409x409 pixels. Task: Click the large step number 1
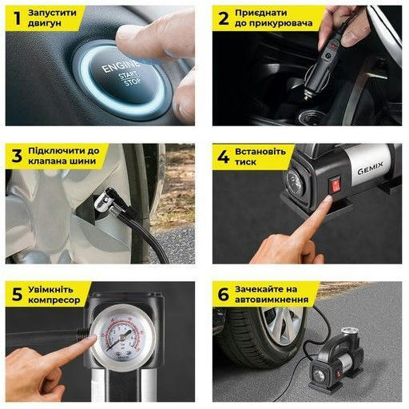(18, 18)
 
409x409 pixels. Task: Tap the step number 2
(223, 18)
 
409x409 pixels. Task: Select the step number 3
(17, 156)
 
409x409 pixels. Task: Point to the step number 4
(223, 157)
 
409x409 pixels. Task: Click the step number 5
(17, 294)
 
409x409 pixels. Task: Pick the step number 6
(223, 294)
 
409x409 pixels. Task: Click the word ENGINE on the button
(121, 66)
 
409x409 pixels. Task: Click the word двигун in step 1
(45, 23)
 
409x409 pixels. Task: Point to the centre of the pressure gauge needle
(122, 338)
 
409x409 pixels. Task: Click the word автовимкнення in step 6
(272, 300)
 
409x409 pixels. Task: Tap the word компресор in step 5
(54, 300)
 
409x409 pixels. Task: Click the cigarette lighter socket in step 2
(312, 116)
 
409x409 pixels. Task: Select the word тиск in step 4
(245, 162)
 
